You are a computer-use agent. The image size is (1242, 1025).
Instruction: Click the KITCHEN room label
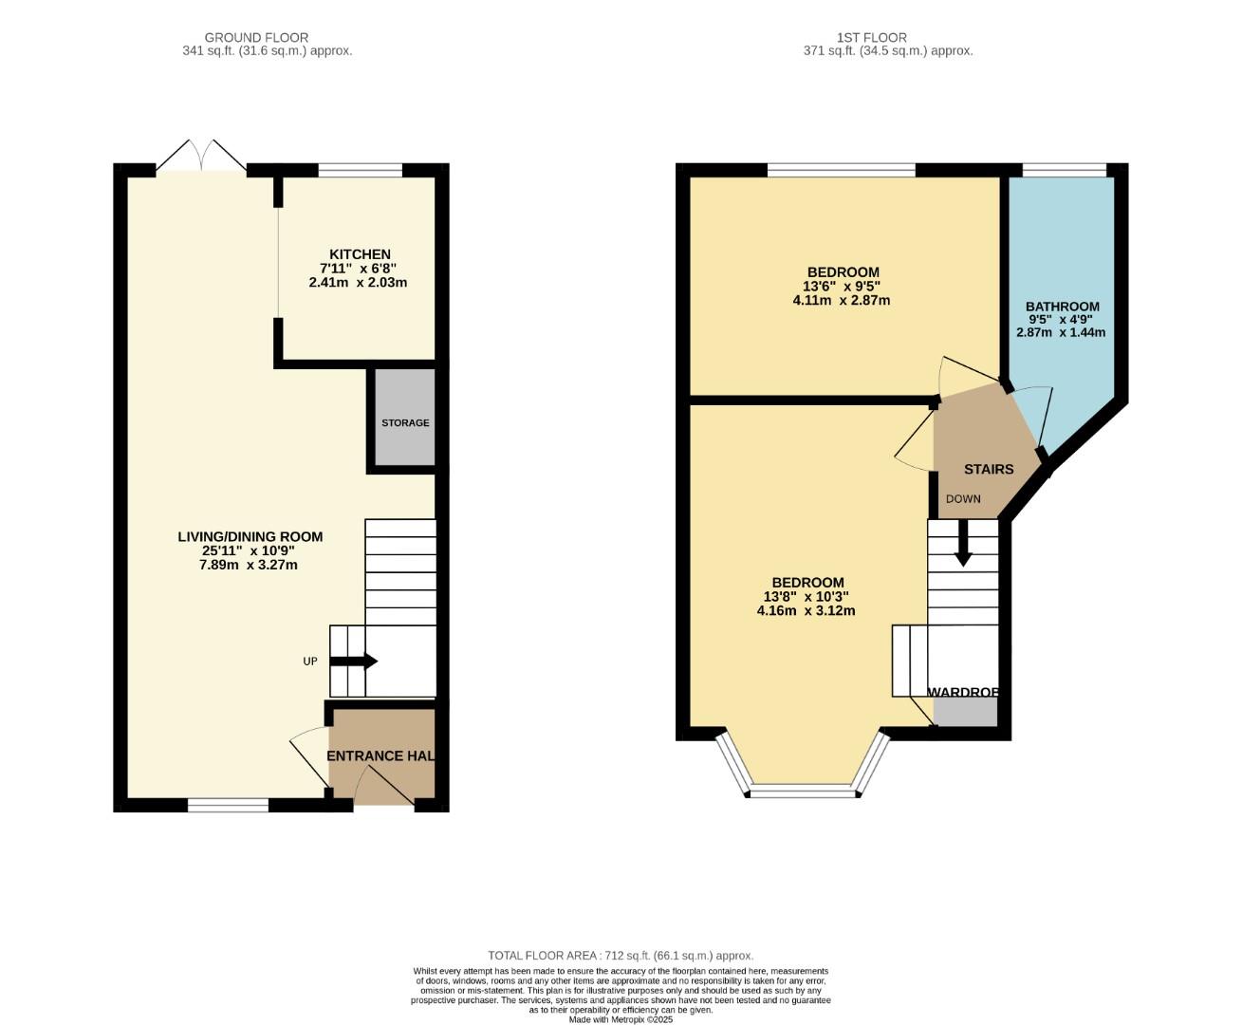(360, 254)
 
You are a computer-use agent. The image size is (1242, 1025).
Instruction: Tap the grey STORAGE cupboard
(405, 418)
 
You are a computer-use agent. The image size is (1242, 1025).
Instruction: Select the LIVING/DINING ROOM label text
(250, 536)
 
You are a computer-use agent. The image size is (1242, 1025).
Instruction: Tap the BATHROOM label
(1062, 307)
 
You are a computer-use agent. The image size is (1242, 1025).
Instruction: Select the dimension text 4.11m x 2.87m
(841, 300)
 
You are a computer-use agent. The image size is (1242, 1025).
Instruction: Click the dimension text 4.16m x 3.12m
(806, 610)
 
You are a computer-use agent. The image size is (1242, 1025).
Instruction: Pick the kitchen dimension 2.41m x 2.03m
(358, 282)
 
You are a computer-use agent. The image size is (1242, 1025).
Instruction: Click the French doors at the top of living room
(201, 158)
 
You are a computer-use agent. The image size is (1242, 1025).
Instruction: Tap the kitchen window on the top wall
(360, 170)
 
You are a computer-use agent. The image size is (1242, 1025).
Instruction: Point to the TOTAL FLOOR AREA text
(621, 956)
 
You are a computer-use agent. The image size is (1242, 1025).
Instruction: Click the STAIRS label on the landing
(989, 469)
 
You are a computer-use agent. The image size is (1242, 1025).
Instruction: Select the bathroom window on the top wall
(1064, 170)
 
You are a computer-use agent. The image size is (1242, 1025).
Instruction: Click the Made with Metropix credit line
(621, 1019)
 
